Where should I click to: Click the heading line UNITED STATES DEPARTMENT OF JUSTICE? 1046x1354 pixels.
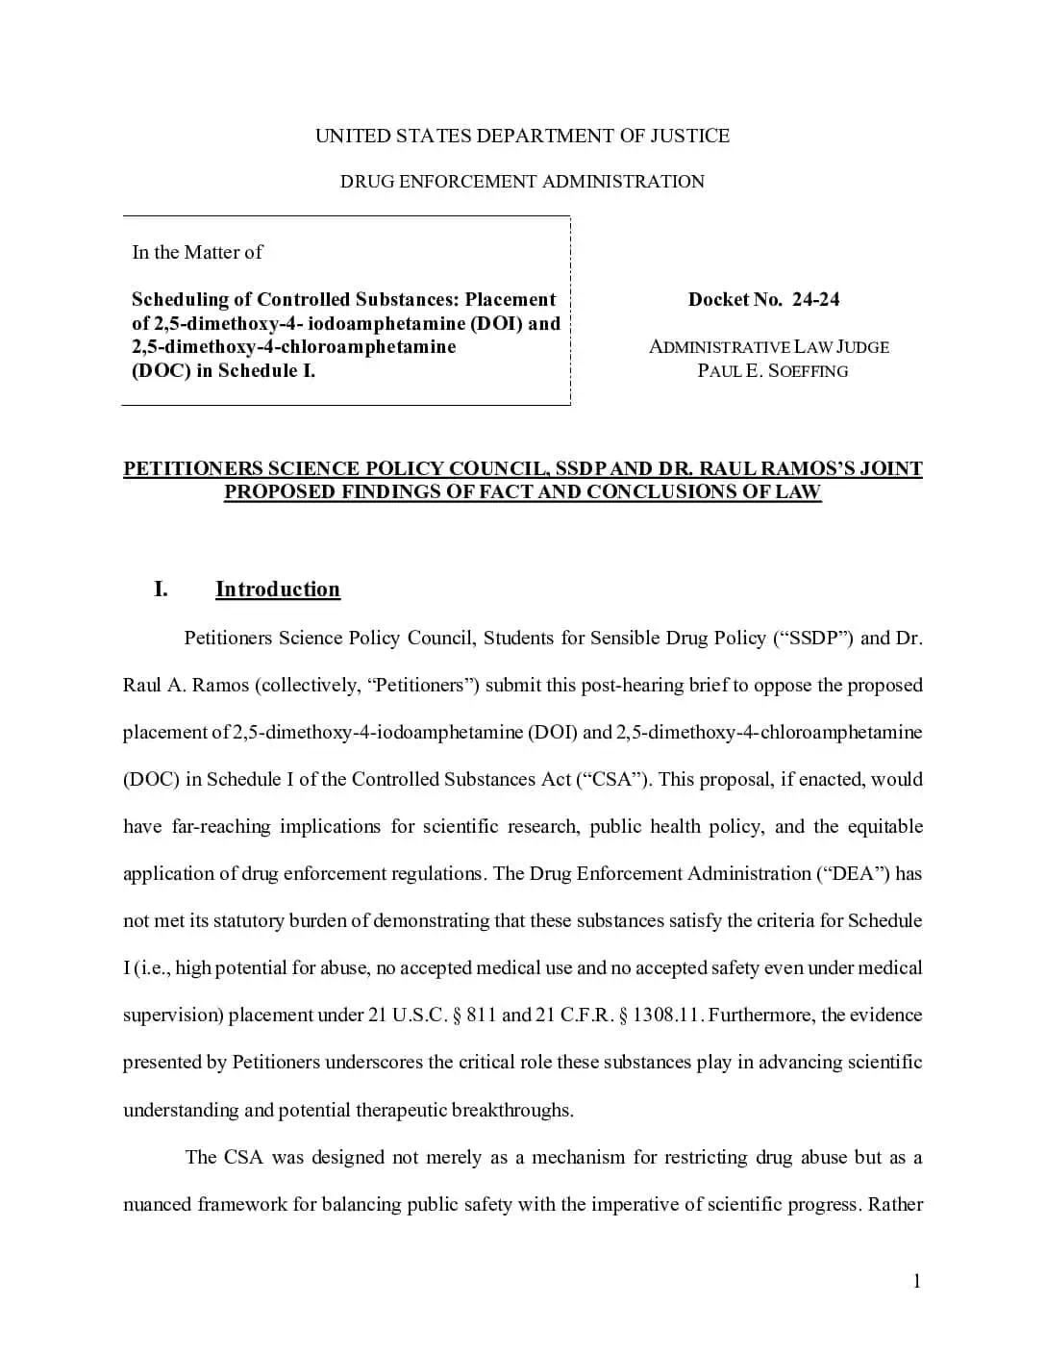tap(522, 136)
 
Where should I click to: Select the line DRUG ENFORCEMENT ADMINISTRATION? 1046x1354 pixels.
tap(522, 182)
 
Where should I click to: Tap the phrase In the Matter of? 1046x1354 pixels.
tap(197, 252)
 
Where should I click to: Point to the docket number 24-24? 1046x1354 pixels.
tap(815, 299)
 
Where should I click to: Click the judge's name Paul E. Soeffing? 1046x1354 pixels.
tap(772, 371)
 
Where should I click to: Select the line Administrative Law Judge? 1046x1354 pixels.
tap(768, 347)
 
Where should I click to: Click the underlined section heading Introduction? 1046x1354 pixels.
tap(277, 589)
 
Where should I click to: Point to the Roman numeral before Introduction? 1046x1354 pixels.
tap(161, 589)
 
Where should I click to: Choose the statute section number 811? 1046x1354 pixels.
tap(481, 1015)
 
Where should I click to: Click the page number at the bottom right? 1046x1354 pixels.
tap(916, 1281)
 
